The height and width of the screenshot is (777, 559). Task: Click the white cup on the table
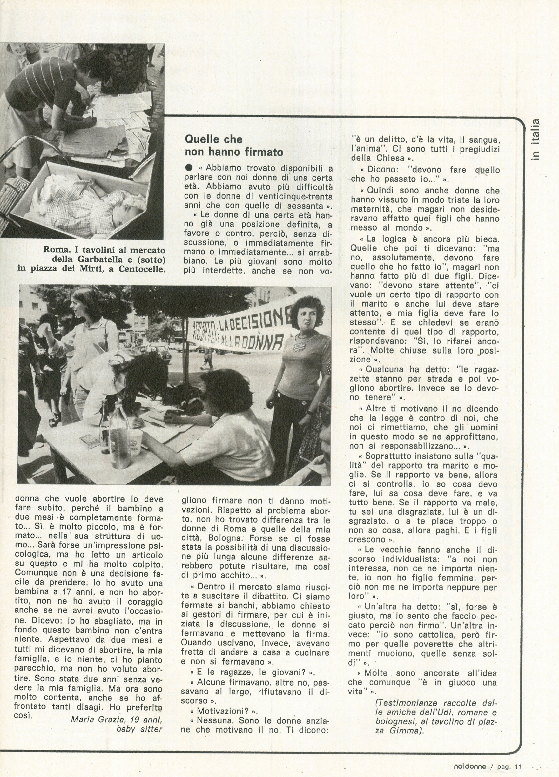tap(135, 442)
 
